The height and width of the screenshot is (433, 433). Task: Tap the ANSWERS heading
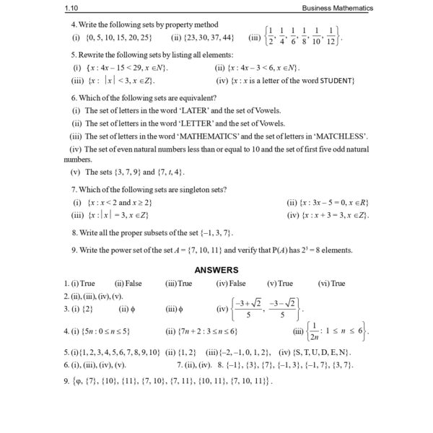click(216, 269)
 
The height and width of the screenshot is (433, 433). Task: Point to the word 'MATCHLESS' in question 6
click(342, 136)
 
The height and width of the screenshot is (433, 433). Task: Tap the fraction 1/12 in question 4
click(331, 36)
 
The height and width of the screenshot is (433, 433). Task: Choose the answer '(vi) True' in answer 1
click(332, 284)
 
